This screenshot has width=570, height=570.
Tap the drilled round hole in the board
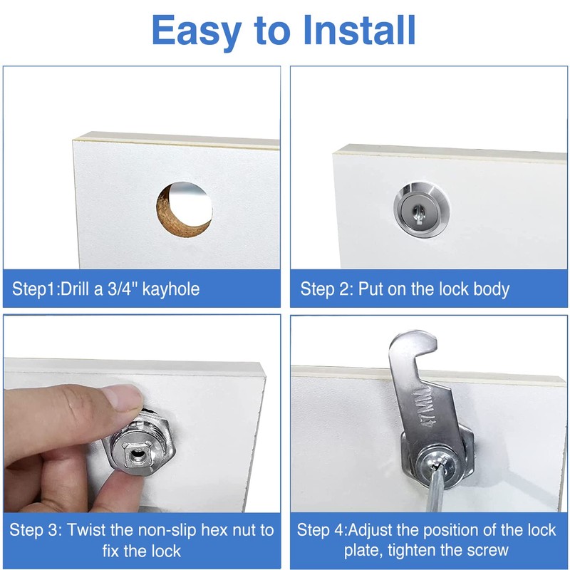coord(185,208)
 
